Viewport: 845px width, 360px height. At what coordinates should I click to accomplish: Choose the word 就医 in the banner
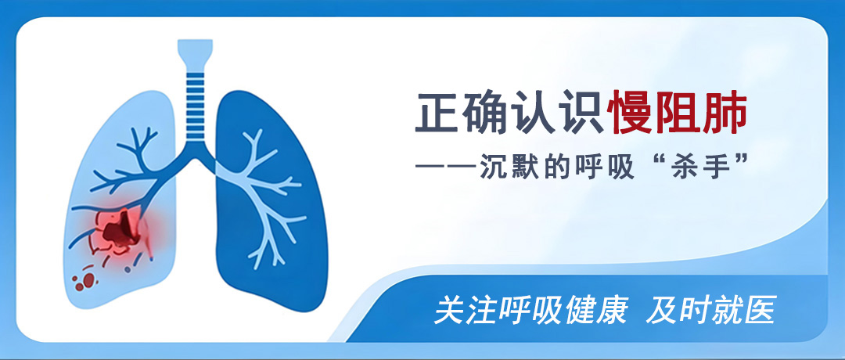(x=749, y=311)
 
